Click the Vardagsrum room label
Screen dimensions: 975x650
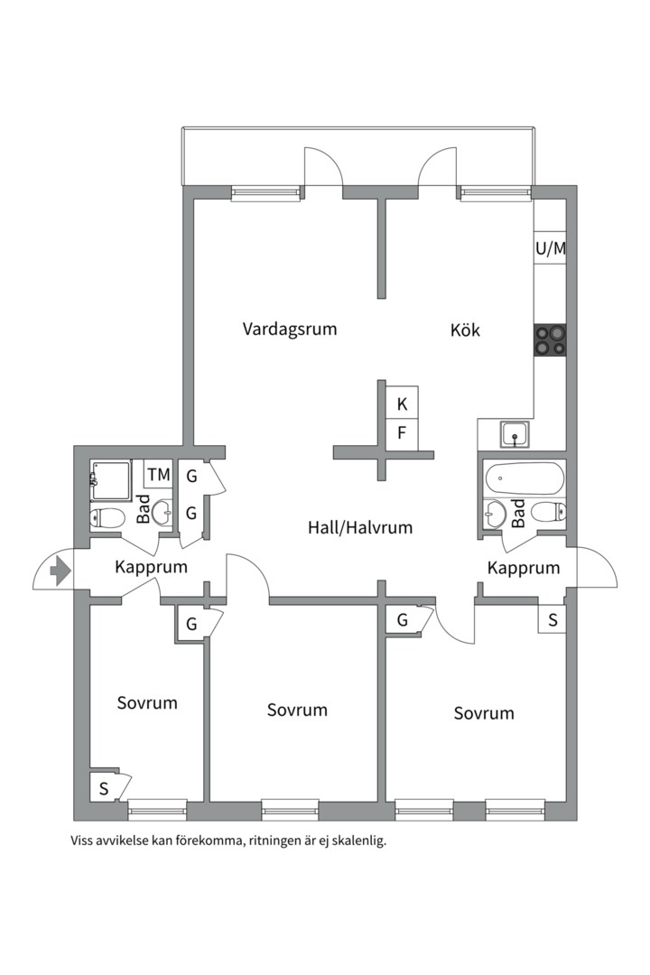pyautogui.click(x=289, y=329)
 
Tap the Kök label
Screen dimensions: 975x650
pyautogui.click(x=465, y=330)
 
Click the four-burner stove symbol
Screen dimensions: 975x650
pyautogui.click(x=550, y=340)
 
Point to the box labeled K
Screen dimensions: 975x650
pyautogui.click(x=402, y=404)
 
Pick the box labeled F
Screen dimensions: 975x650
pyautogui.click(x=402, y=432)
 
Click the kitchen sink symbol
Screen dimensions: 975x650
pyautogui.click(x=515, y=434)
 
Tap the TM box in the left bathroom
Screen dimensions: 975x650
pyautogui.click(x=159, y=474)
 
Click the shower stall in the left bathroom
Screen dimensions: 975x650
pyautogui.click(x=111, y=479)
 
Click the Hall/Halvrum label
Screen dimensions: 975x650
pyautogui.click(x=359, y=527)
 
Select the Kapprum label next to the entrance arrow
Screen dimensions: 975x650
pyautogui.click(x=151, y=568)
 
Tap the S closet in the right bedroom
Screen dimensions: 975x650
pyautogui.click(x=552, y=620)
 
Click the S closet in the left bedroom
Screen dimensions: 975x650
pyautogui.click(x=103, y=788)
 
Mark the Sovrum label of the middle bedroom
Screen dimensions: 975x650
pyautogui.click(x=297, y=710)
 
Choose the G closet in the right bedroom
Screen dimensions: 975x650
pyautogui.click(x=402, y=620)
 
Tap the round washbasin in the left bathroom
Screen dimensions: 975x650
pyautogui.click(x=162, y=514)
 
